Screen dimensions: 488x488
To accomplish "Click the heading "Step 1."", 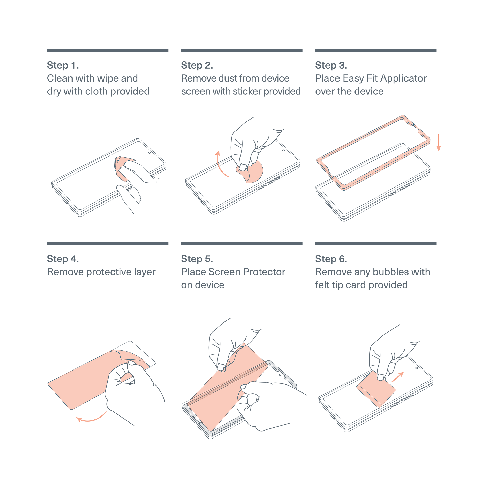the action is tap(63, 66).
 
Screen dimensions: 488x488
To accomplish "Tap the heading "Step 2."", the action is tap(197, 66).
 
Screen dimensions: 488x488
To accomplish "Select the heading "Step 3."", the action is tap(331, 66).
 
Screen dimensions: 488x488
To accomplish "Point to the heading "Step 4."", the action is tap(63, 259).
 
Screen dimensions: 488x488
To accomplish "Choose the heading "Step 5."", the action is tap(197, 259).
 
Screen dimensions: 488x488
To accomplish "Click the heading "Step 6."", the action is tap(331, 259).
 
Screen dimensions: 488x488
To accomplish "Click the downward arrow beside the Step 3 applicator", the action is tap(439, 143).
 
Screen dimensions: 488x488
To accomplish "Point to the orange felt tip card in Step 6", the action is tap(376, 389).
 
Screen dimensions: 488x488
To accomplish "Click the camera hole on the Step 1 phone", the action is tap(150, 153).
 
